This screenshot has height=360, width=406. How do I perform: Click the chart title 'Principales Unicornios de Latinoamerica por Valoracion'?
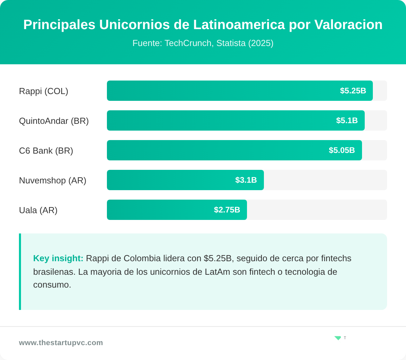pos(203,25)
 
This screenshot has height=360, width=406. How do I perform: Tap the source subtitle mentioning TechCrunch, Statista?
pos(203,43)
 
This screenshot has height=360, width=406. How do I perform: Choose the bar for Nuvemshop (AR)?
pos(169,180)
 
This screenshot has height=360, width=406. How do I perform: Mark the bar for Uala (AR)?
pos(159,210)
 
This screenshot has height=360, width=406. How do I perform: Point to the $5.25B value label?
pos(353,91)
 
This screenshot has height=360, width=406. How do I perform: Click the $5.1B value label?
pos(347,120)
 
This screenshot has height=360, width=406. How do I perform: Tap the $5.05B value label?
pos(342,150)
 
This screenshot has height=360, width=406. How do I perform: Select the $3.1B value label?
pos(246,180)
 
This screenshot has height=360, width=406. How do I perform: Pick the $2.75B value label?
pos(227,210)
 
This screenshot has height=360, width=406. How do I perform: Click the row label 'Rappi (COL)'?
pos(44,91)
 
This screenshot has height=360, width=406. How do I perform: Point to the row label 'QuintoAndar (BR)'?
pos(54,121)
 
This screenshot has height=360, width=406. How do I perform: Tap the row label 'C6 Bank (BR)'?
pos(46,151)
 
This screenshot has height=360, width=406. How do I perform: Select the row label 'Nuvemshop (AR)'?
pos(52,180)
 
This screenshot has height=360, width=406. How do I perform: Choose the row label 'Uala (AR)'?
pos(38,210)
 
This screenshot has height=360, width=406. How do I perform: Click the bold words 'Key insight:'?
pos(58,258)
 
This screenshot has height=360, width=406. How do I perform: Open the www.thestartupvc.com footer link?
pos(61,343)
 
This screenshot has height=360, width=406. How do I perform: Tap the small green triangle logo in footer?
pos(338,338)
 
